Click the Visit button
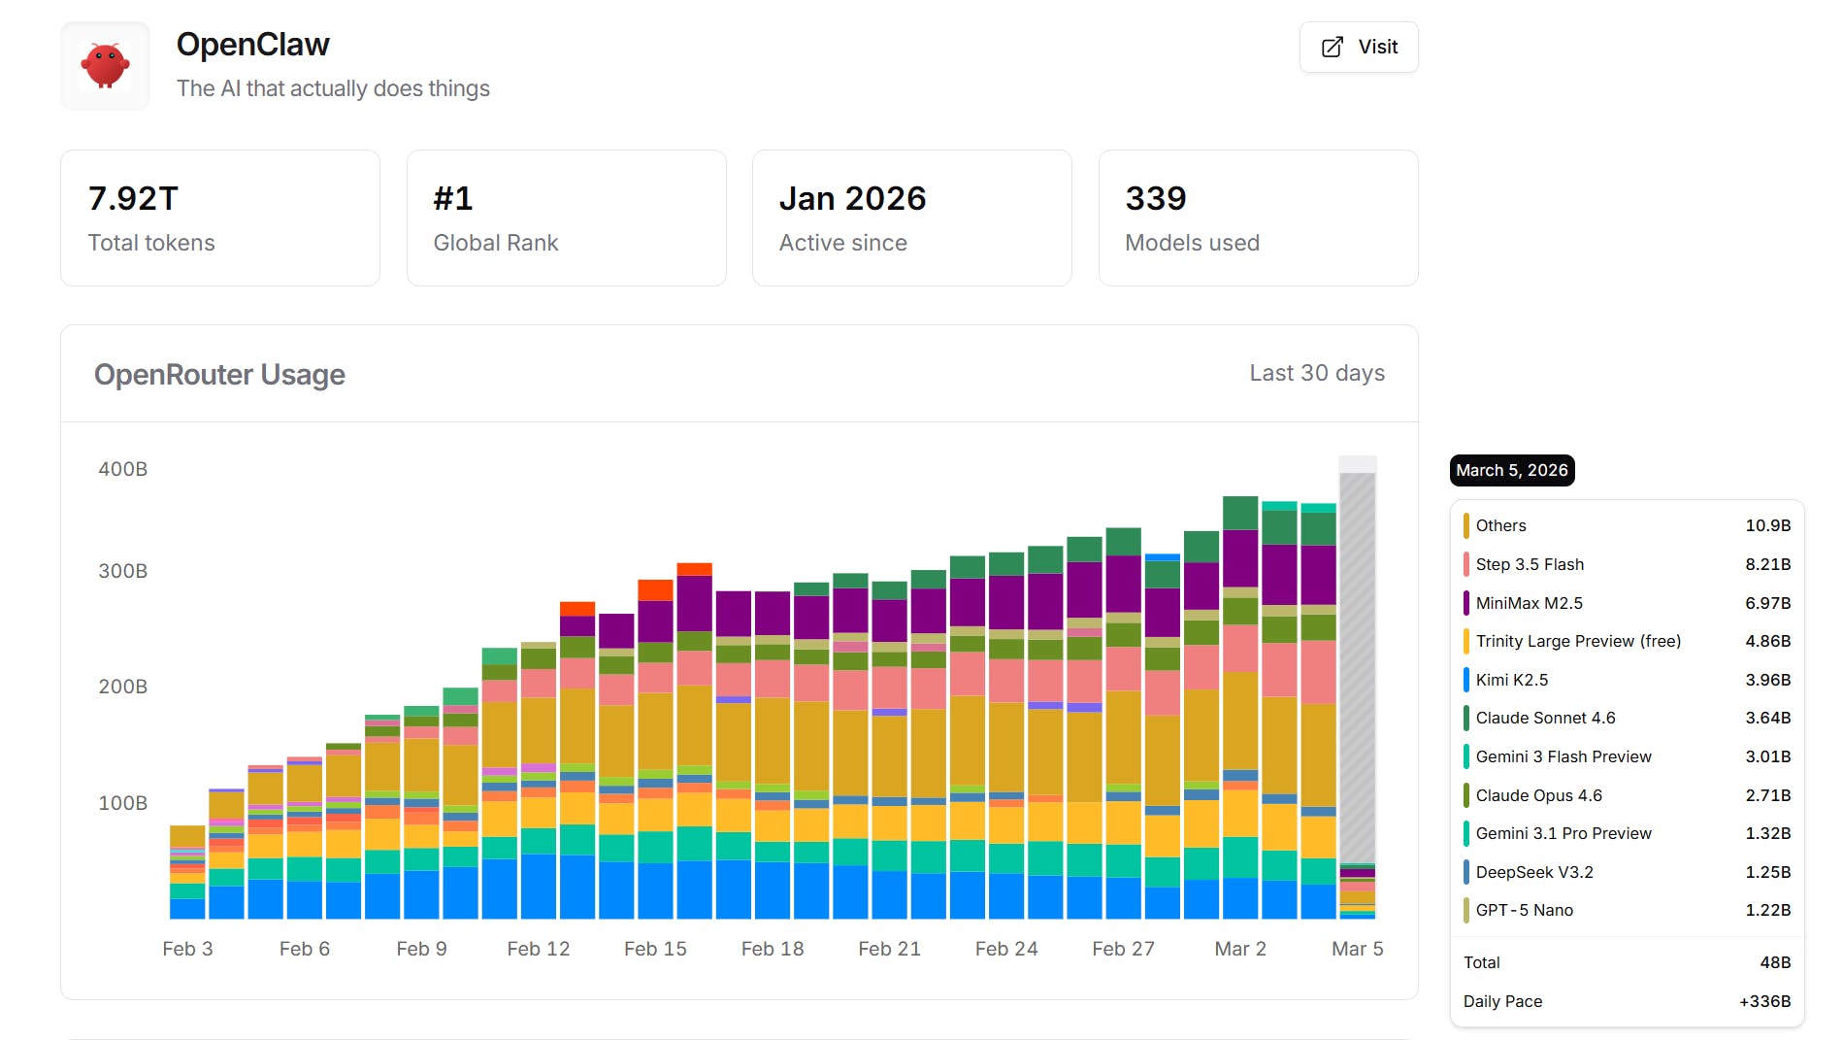pyautogui.click(x=1359, y=47)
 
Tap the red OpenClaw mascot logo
pyautogui.click(x=105, y=66)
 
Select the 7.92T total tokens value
pyautogui.click(x=133, y=198)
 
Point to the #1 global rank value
pyautogui.click(x=453, y=198)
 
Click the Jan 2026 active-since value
pyautogui.click(x=852, y=198)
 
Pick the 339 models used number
pyautogui.click(x=1155, y=198)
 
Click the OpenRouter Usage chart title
pyautogui.click(x=219, y=375)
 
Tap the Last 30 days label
pyautogui.click(x=1316, y=373)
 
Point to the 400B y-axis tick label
pyautogui.click(x=123, y=469)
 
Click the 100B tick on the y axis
pyautogui.click(x=123, y=803)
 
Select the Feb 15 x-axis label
pyautogui.click(x=655, y=949)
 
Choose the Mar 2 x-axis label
pyautogui.click(x=1239, y=949)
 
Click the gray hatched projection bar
pyautogui.click(x=1357, y=660)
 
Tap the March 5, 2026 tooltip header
pyautogui.click(x=1511, y=470)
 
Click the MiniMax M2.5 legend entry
pyautogui.click(x=1529, y=603)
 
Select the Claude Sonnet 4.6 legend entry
pyautogui.click(x=1545, y=718)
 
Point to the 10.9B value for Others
pyautogui.click(x=1767, y=525)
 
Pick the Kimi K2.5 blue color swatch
pyautogui.click(x=1465, y=680)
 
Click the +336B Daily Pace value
pyautogui.click(x=1764, y=1001)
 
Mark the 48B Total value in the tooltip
pyautogui.click(x=1775, y=962)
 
